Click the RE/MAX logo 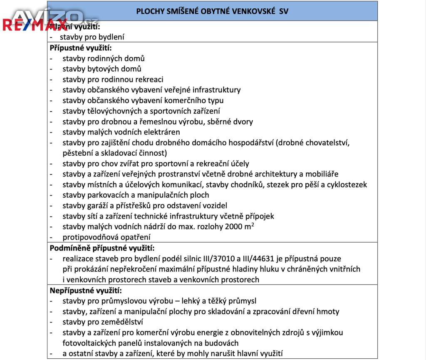[35, 25]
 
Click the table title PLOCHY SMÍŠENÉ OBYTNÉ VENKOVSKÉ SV [212, 11]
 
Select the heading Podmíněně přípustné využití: [102, 248]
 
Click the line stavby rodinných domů [104, 58]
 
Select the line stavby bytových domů [102, 69]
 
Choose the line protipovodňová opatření [106, 237]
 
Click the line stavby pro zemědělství [103, 322]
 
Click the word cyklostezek [347, 184]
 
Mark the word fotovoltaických [89, 343]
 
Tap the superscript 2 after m [253, 224]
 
